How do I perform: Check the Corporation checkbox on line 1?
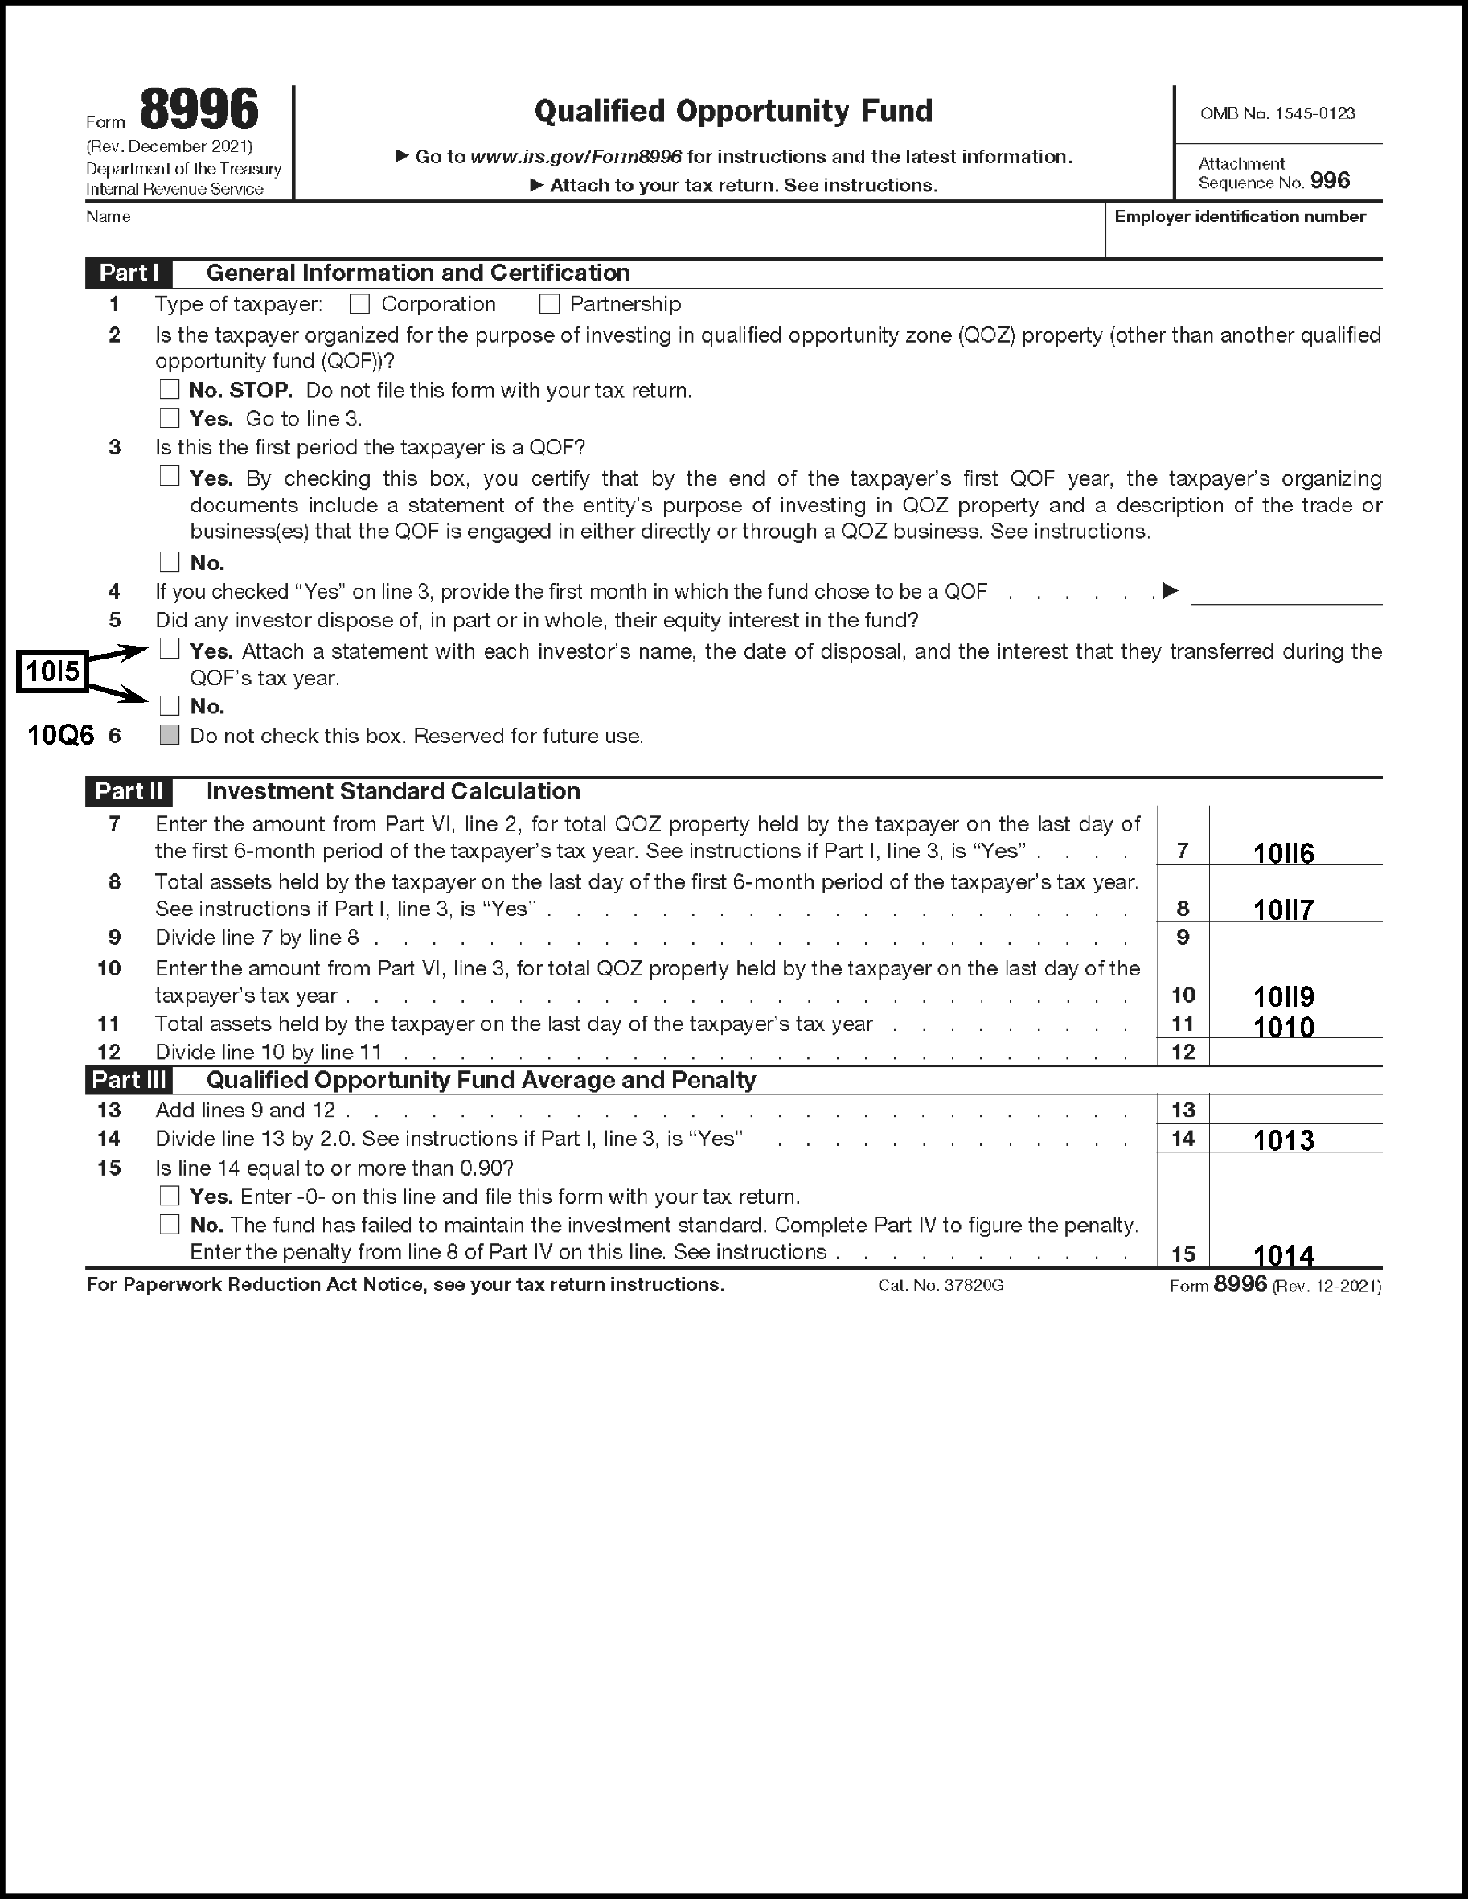359,304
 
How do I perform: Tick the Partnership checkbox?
548,304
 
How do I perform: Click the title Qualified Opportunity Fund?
732,112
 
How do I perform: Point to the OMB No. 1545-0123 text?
1277,114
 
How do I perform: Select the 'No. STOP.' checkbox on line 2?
170,389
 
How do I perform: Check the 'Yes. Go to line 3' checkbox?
170,418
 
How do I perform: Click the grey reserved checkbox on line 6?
170,736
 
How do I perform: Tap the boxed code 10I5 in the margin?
52,672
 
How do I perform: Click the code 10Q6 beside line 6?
61,737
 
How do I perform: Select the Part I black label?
129,273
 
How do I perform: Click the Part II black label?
129,791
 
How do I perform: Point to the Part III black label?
129,1080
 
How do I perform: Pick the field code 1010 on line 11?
1284,1027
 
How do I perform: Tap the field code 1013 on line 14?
1284,1140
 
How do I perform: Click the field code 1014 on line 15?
1284,1255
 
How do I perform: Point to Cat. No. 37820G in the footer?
941,1286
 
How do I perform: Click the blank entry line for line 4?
1286,593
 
